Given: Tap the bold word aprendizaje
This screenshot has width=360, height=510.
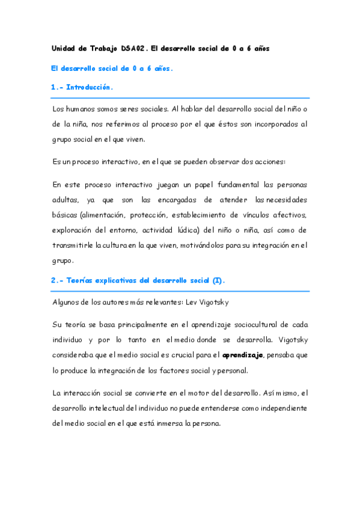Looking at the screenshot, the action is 243,355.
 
